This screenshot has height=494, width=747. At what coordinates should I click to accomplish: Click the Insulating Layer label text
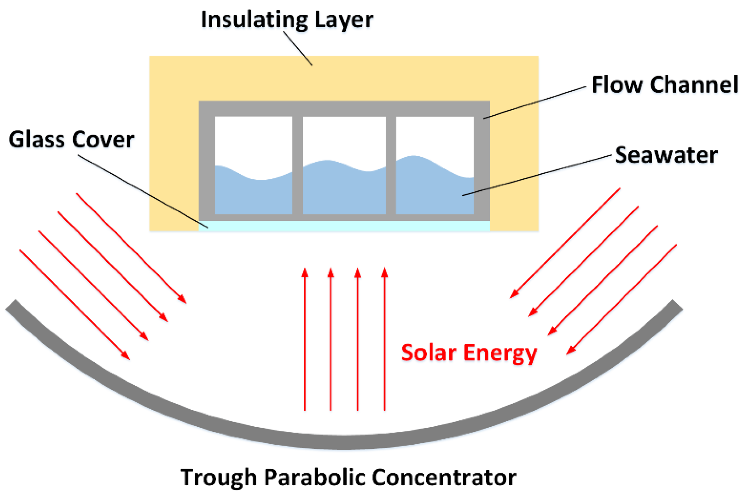coord(287,20)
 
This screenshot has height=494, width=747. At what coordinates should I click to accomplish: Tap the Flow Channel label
coord(665,85)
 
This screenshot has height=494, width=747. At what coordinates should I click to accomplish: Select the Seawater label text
coord(666,155)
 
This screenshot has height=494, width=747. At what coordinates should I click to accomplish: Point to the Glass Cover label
coord(71,140)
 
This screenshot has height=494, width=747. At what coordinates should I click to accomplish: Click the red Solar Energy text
coord(468,353)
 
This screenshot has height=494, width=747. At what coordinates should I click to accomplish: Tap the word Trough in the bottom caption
coord(218,477)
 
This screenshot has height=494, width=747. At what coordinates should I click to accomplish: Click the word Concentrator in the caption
coord(444,477)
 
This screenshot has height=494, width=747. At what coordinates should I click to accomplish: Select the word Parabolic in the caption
coord(314,477)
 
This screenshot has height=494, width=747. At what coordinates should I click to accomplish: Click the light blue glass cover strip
coord(344,226)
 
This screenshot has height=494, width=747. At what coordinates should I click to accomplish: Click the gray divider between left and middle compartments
coord(297,164)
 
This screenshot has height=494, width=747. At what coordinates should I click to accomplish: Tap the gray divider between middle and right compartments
coord(391,164)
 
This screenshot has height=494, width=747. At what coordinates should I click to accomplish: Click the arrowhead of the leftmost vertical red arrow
coord(305,273)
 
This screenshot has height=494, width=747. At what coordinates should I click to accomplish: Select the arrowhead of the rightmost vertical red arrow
coord(385,273)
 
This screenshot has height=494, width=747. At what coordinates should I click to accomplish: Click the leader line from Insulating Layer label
coord(298,49)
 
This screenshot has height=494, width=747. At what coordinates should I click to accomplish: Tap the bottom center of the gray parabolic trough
coord(344,443)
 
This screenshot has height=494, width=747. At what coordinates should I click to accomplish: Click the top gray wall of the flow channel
coord(344,108)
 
